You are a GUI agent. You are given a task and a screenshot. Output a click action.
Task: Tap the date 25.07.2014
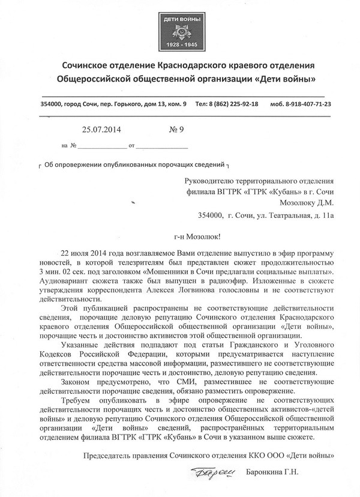[x=104, y=127]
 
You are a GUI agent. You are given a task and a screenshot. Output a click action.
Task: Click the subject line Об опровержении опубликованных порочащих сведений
[x=134, y=164]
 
